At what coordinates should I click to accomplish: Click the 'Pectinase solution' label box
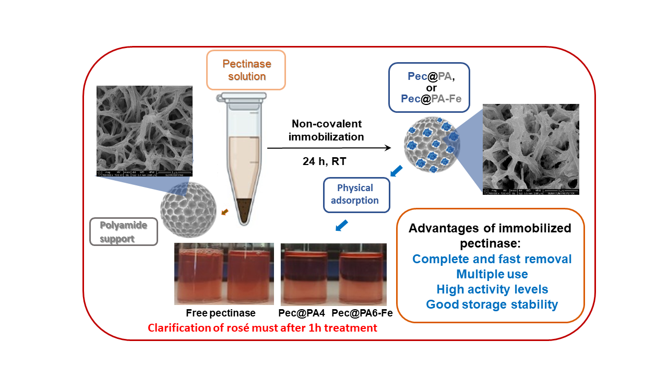click(246, 69)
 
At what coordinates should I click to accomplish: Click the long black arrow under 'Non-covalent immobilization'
click(329, 148)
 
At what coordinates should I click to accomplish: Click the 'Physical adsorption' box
click(356, 194)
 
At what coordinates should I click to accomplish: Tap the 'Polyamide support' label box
click(124, 231)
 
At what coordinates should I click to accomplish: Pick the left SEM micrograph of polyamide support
click(145, 131)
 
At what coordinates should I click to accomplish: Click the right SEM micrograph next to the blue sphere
click(531, 149)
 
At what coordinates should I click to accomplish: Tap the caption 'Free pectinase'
click(221, 313)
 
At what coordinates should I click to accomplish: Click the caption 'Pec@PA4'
click(301, 313)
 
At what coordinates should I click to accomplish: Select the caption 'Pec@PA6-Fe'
click(362, 313)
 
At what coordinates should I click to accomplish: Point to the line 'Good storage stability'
click(492, 304)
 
